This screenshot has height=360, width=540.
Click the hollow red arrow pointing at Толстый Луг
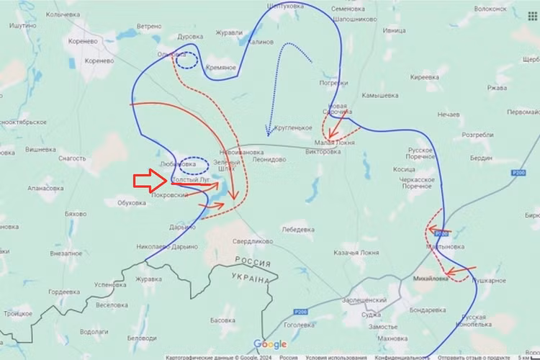pyautogui.click(x=150, y=181)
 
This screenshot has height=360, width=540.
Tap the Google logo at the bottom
pyautogui.click(x=270, y=344)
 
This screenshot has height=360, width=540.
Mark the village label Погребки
pyautogui.click(x=333, y=83)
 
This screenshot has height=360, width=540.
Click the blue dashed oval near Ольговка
pyautogui.click(x=186, y=60)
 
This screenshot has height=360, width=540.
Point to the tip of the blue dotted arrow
pyautogui.click(x=268, y=134)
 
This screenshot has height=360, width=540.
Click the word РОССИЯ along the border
pyautogui.click(x=253, y=262)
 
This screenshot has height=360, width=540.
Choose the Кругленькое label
pyautogui.click(x=292, y=127)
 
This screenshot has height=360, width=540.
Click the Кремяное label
pyautogui.click(x=221, y=67)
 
